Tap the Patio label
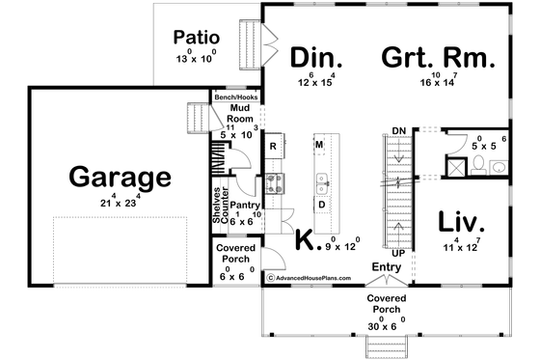tap(193, 38)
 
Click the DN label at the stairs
tap(398, 130)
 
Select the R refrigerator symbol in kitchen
tap(274, 147)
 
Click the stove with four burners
tap(273, 182)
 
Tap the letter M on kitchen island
tap(318, 145)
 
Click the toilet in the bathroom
tap(497, 166)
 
